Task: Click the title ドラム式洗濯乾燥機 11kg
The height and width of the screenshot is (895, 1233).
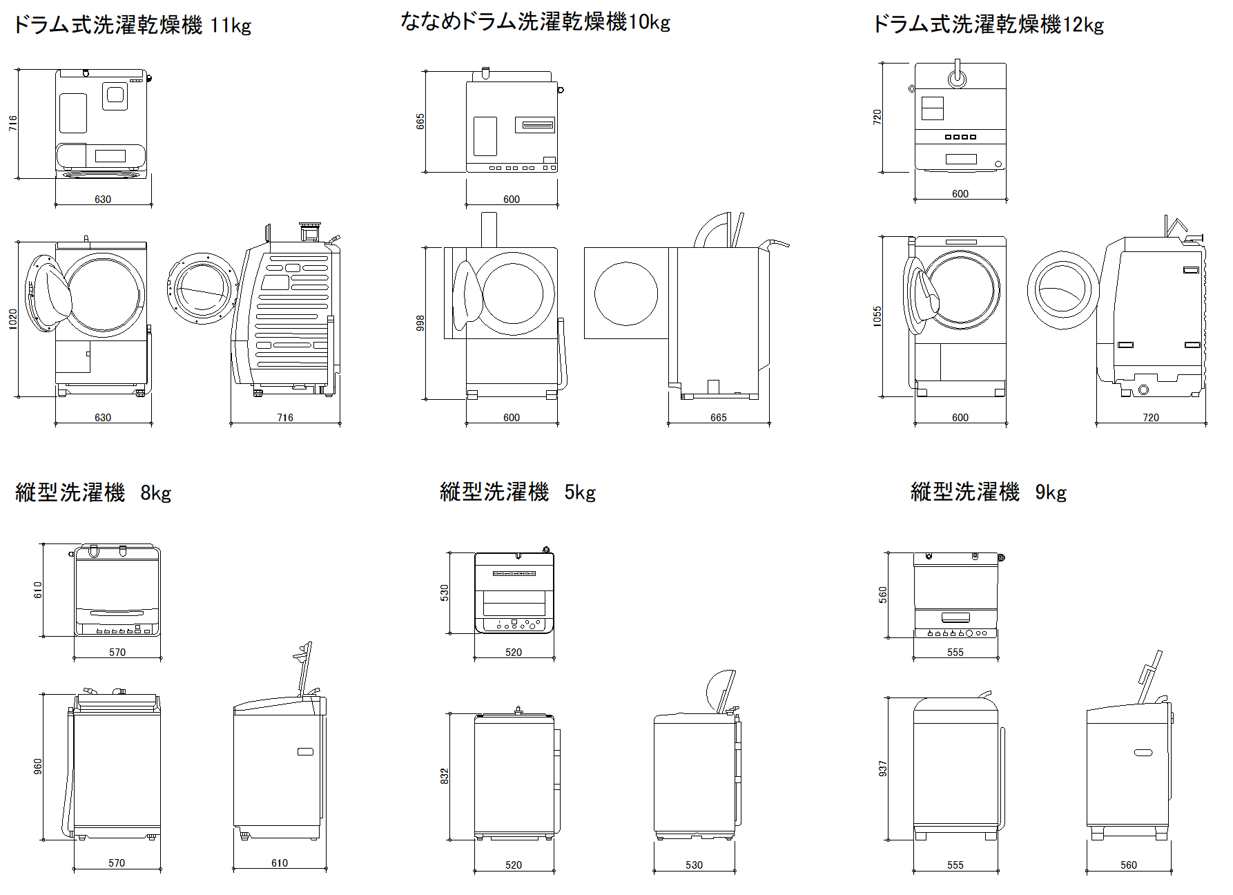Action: (132, 26)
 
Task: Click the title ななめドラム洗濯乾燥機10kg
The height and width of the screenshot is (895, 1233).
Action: (535, 22)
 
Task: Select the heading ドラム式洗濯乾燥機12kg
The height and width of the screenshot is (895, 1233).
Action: (988, 25)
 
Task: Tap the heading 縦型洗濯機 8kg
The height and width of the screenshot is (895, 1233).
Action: (93, 492)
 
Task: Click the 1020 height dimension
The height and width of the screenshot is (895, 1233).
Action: (12, 319)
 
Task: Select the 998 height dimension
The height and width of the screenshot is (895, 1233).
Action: (420, 323)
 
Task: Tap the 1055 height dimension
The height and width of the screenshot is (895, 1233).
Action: (877, 316)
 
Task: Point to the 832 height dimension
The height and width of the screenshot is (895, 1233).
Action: (445, 776)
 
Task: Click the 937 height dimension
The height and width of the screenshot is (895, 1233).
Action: (882, 769)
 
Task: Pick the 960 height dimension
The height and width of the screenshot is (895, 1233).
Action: (38, 767)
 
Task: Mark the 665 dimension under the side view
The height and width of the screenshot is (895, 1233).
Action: (718, 418)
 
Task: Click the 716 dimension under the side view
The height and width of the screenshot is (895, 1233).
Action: (284, 418)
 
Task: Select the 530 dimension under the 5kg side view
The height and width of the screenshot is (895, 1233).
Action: (694, 865)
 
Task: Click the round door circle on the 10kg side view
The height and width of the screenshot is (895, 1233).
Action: (625, 293)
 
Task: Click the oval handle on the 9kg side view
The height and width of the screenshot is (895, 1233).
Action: (1143, 752)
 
